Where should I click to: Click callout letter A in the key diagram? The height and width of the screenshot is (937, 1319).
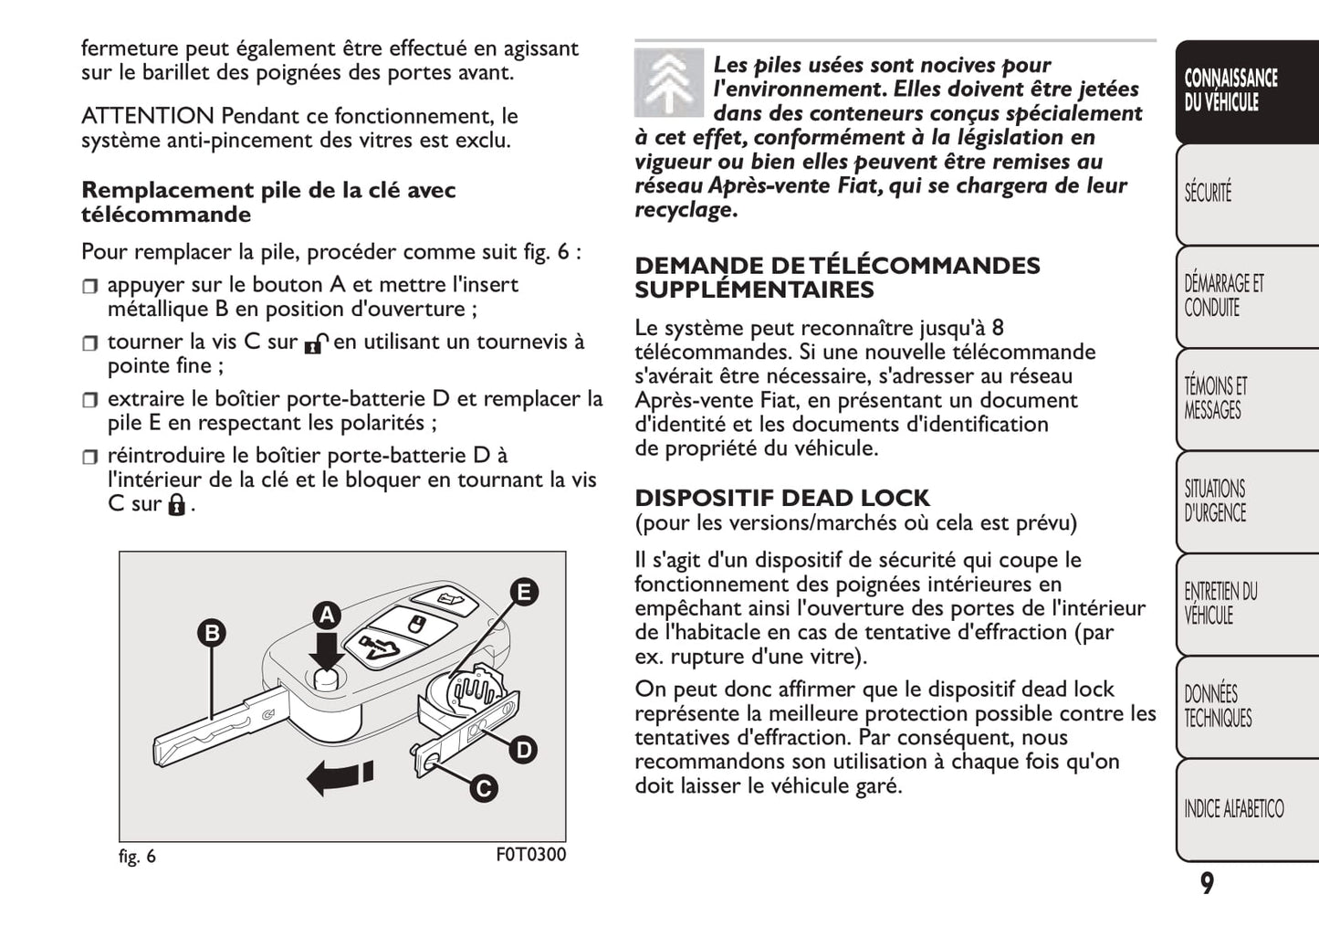pos(327,616)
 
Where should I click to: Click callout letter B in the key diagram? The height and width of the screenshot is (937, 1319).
pos(212,633)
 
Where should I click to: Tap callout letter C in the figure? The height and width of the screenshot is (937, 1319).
pos(483,788)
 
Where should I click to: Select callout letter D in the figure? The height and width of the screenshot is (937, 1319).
pos(523,751)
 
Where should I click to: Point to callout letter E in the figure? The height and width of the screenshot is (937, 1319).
pos(523,592)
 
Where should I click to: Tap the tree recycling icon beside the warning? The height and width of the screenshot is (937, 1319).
pos(668,83)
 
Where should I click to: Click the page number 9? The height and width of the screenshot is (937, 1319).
pos(1207,884)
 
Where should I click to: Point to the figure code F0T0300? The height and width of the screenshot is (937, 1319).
pos(530,855)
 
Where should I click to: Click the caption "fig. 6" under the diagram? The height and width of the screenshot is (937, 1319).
pos(137,857)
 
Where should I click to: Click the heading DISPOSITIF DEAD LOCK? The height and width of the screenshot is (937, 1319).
pos(781,498)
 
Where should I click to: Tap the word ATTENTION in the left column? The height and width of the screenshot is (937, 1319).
pos(147,116)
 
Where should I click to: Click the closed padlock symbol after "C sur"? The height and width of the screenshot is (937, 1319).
pos(176,504)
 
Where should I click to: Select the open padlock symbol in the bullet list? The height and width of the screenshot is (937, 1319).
pos(315,343)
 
